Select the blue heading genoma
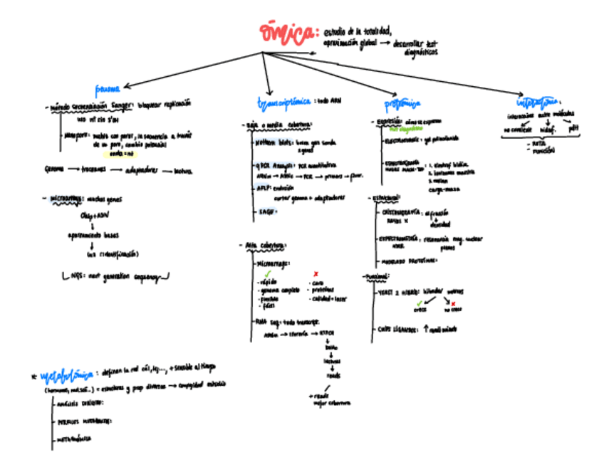108,89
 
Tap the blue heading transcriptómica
283,102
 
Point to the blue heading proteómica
402,104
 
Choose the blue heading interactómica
539,100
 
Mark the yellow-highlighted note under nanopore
118,153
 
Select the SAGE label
264,211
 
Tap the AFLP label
262,187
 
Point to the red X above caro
316,273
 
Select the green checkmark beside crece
420,303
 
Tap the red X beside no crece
453,303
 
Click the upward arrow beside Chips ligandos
425,328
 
